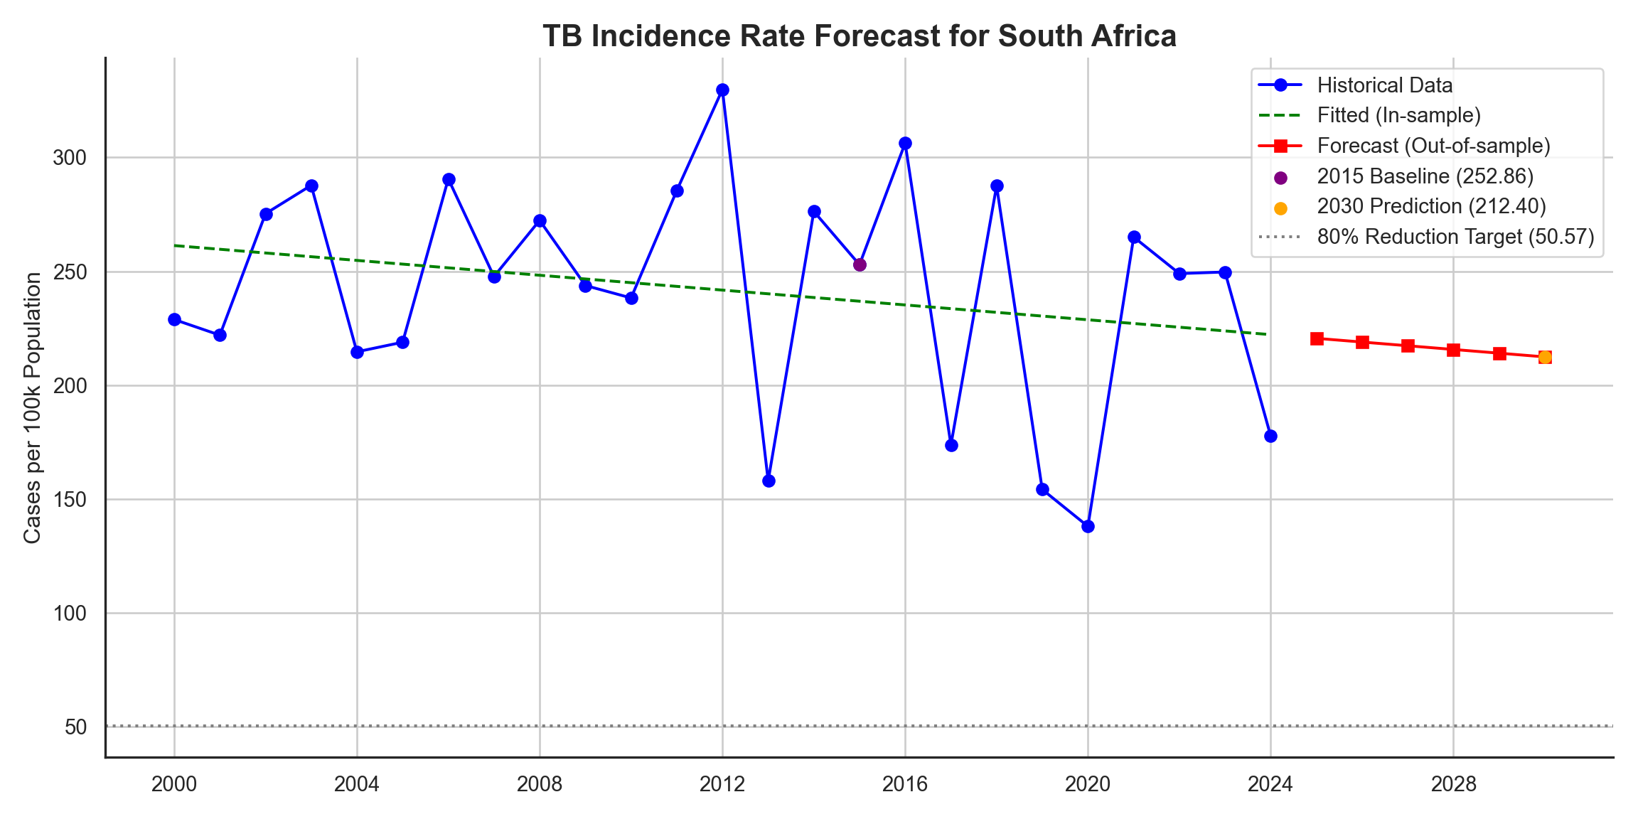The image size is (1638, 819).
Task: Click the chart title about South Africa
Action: (859, 36)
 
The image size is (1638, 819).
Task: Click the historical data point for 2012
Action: (722, 90)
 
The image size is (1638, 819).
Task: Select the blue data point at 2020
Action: (1088, 526)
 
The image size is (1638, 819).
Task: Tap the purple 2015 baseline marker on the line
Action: (860, 265)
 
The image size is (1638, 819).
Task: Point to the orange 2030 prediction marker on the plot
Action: (1545, 357)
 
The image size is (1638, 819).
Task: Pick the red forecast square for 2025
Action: (1317, 338)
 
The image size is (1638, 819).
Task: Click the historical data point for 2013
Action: (769, 481)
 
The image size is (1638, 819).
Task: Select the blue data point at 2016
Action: (905, 144)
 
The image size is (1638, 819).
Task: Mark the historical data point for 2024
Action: (1270, 436)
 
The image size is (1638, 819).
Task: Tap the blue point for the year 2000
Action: (174, 320)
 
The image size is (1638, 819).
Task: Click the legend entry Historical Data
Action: (1384, 85)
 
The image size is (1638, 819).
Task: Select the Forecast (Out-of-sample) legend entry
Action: (1433, 146)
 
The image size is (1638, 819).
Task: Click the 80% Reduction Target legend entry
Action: (1455, 237)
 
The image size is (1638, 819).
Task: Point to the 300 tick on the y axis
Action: (69, 158)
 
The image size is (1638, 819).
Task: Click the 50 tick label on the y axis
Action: (75, 727)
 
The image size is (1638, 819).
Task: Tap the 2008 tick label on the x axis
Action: (540, 784)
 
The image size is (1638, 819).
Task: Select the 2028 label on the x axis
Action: (1453, 784)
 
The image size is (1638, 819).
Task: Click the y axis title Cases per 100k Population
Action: (32, 408)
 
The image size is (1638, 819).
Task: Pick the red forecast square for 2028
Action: (1453, 350)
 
